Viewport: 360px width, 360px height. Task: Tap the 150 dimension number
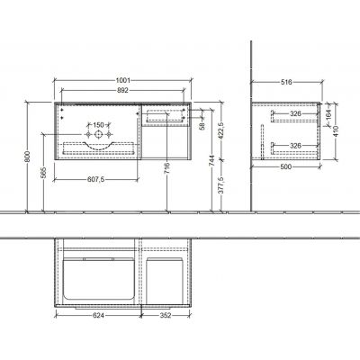pos(94,125)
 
